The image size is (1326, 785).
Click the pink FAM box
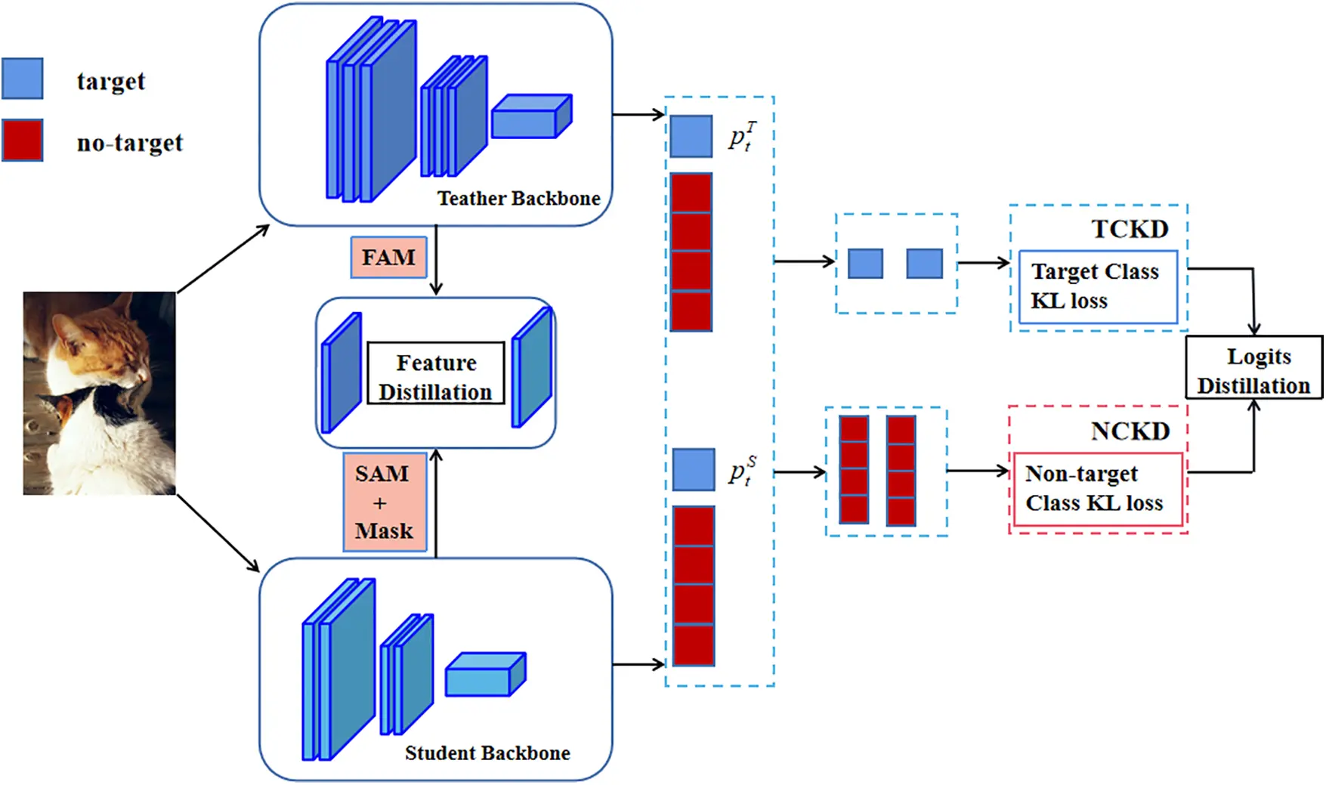tap(388, 258)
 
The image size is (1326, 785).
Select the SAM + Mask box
tap(385, 502)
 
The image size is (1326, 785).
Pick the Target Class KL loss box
tap(1097, 287)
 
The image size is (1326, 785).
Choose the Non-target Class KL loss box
tap(1097, 489)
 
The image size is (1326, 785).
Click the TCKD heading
tap(1130, 229)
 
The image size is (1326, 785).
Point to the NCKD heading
tap(1130, 431)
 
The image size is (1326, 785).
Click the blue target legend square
tap(23, 79)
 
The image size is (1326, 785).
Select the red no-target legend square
tap(23, 141)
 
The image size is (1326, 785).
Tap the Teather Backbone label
tap(518, 198)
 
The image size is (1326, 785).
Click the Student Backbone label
tap(487, 753)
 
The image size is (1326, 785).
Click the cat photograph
tap(99, 393)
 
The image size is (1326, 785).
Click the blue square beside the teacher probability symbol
tap(691, 137)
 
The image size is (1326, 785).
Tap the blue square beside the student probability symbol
tap(693, 470)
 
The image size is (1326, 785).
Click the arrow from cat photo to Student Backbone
tap(218, 533)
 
